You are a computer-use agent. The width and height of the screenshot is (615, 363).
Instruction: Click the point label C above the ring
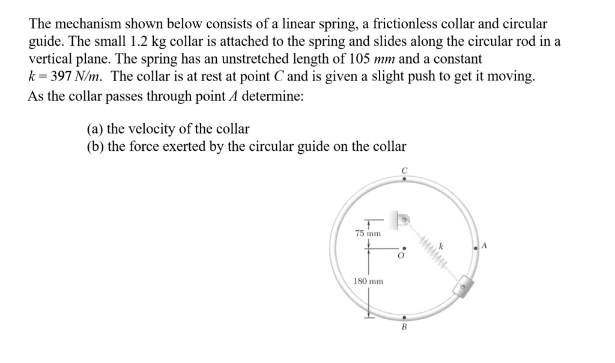pos(404,171)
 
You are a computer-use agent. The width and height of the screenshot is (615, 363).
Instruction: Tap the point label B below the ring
pos(404,328)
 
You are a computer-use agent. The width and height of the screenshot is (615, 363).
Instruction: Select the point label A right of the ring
pos(485,245)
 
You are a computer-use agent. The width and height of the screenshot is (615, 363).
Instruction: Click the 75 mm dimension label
pos(368,233)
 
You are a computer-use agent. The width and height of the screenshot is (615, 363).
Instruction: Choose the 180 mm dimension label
pos(368,281)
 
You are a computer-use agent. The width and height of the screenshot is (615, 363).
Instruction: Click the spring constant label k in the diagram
pos(441,245)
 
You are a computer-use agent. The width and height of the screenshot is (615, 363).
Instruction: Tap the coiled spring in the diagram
pos(435,253)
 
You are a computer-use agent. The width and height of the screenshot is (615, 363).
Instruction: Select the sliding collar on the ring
pos(464,288)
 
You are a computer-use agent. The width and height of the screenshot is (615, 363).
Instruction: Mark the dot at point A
pos(476,246)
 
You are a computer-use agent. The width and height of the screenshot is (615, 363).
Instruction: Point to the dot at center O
pos(404,247)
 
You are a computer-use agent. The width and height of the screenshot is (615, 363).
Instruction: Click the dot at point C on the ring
pos(404,178)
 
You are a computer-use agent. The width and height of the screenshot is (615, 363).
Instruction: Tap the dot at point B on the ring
pos(404,317)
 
